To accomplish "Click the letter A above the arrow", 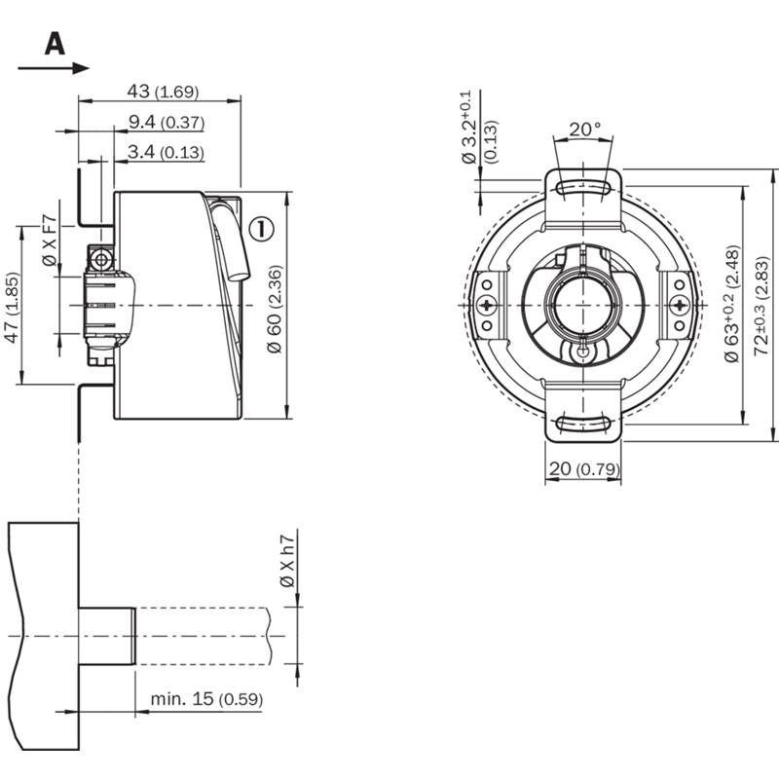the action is (x=55, y=44).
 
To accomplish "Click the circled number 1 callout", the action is (x=262, y=229).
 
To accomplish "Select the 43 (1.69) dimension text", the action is (x=163, y=92).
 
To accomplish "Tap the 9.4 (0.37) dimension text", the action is (x=166, y=122).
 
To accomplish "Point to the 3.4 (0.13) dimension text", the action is (x=166, y=152).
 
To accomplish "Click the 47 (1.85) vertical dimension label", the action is (x=12, y=308).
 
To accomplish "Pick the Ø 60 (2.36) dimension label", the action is (x=275, y=309).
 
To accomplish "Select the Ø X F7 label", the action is (x=51, y=240).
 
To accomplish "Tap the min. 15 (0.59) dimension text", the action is (x=206, y=699).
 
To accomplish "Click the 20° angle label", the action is (x=585, y=130).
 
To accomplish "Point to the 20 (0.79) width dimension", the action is (x=584, y=468).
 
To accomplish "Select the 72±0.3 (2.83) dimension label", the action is (x=761, y=306).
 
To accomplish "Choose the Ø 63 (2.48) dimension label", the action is (x=732, y=304).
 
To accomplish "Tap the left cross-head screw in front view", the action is (x=488, y=305).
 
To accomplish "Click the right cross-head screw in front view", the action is (x=679, y=305).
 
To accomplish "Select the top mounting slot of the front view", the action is (x=583, y=188).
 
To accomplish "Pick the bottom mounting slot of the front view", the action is (x=583, y=423).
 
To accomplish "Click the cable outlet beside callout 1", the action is (x=231, y=243).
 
